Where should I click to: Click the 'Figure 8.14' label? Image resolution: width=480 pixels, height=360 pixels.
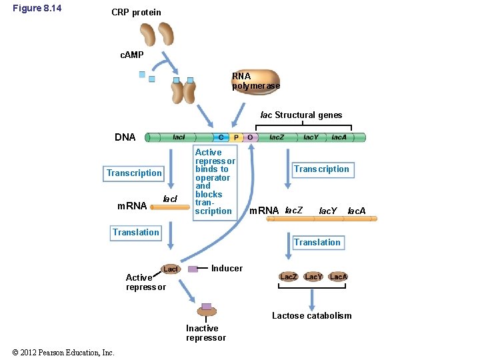37,9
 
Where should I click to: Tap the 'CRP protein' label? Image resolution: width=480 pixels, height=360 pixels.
136,12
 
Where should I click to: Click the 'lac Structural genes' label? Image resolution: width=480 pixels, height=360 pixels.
301,115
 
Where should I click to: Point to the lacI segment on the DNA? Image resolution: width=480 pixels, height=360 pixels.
179,137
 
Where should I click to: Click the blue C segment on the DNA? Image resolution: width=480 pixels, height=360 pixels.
221,137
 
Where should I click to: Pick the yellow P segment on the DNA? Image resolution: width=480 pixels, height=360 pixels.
235,137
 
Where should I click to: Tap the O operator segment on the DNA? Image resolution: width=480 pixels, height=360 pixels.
250,137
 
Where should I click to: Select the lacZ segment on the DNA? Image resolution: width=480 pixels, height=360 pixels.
277,137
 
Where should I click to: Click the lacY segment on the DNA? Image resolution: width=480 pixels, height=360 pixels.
311,137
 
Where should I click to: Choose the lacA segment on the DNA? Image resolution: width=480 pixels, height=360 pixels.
339,137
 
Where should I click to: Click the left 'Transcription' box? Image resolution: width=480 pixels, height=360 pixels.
134,173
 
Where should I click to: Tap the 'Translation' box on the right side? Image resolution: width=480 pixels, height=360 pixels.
317,243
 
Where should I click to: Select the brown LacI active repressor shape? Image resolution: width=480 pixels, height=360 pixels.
171,269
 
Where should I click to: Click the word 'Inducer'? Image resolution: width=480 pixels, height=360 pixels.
227,268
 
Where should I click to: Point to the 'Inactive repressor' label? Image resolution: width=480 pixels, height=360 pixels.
205,333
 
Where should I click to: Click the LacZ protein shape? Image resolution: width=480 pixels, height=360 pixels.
288,276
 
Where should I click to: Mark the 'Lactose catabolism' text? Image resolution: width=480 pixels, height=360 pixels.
311,315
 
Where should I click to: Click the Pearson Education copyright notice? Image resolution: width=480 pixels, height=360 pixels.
63,353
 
